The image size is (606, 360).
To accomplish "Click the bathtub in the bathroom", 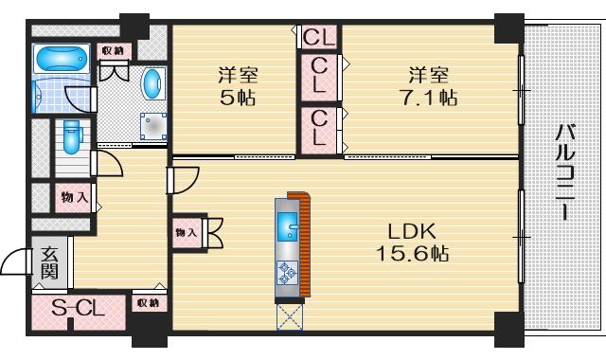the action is click(62, 59).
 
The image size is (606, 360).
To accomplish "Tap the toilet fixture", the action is click(71, 136).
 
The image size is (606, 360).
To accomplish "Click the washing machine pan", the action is click(153, 126).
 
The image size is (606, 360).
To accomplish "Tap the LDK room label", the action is click(412, 231).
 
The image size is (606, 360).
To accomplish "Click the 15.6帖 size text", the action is click(412, 254).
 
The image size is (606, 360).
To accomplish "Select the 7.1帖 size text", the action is click(429, 98).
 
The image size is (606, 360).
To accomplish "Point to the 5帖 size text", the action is click(238, 98).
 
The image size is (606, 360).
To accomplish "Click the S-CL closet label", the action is click(79, 308).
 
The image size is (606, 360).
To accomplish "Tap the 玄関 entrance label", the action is click(50, 263).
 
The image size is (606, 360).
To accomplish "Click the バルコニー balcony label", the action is click(565, 172).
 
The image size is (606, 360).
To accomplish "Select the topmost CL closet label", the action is click(319, 37).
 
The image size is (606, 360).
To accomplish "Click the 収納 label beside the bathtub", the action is click(113, 51).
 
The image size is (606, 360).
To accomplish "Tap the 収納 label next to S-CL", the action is click(148, 303).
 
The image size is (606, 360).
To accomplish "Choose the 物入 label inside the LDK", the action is click(187, 233).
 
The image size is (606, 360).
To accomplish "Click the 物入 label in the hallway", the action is click(75, 198).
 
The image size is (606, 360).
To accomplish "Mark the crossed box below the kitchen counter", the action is click(290, 316).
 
